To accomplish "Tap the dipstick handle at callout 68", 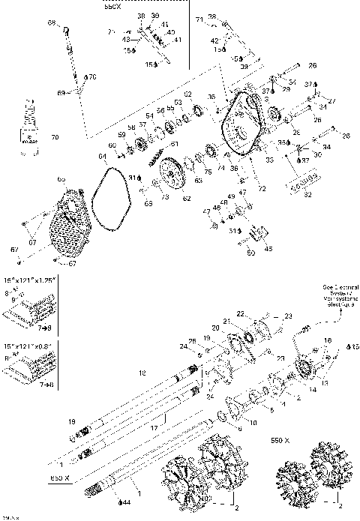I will tap(67, 29).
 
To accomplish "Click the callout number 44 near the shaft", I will tap(126, 502).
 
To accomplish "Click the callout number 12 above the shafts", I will tap(139, 372).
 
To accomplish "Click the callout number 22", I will tap(241, 313).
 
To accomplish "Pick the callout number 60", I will tap(112, 145).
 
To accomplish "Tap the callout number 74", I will tap(221, 168).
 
